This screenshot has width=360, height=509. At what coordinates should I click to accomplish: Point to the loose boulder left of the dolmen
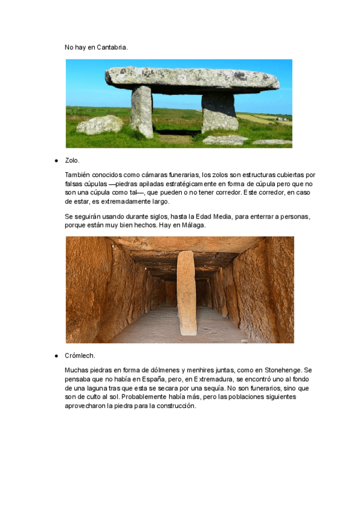(100, 125)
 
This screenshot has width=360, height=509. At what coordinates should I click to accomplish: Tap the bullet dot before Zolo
(56, 161)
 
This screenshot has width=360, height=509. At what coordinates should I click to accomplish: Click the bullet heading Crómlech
(80, 356)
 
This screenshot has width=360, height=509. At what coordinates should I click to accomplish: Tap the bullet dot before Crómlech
(56, 356)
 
